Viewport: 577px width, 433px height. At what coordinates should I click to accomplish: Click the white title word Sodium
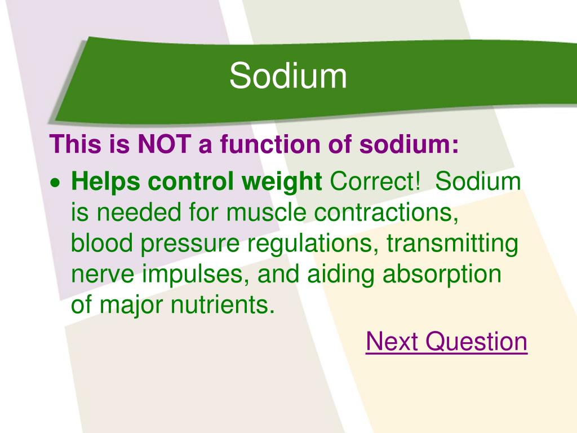click(x=288, y=76)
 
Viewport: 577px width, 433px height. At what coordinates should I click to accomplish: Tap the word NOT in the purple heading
click(x=165, y=144)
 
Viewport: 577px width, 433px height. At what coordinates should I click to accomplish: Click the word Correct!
click(x=375, y=181)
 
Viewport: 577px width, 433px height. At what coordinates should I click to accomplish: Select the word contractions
click(x=387, y=213)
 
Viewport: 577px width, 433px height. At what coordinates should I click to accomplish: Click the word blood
click(x=102, y=243)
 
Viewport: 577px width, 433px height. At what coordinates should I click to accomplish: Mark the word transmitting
click(x=452, y=244)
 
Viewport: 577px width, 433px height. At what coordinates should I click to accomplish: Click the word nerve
click(x=103, y=275)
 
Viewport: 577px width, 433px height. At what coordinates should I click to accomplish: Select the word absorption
click(x=442, y=275)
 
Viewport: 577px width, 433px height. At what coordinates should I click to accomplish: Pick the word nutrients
click(x=223, y=305)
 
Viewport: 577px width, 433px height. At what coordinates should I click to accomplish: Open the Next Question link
click(x=447, y=341)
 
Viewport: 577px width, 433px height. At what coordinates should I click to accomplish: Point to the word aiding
click(x=341, y=275)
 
